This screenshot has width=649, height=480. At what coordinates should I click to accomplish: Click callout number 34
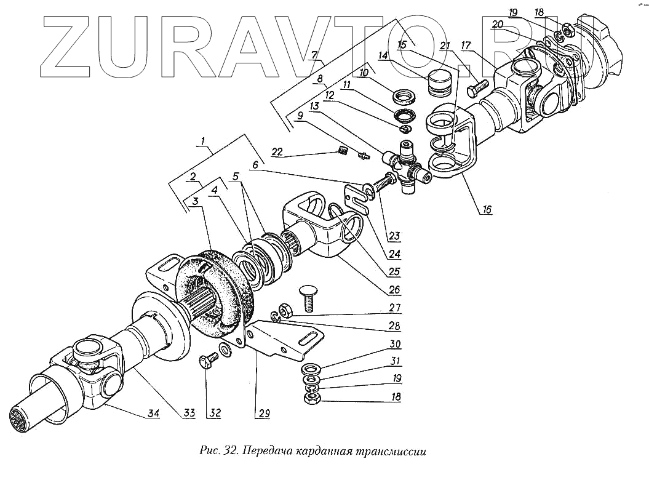point(152,414)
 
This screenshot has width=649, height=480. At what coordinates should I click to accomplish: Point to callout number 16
point(487,210)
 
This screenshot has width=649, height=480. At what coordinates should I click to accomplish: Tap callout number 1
point(202,142)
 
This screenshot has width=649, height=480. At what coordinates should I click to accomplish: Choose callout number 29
point(264,414)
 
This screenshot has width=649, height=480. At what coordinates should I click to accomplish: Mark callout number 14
point(383,55)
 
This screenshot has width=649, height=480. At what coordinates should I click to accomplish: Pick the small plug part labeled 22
point(344,151)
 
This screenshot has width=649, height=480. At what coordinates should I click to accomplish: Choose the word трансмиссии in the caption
point(391,450)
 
